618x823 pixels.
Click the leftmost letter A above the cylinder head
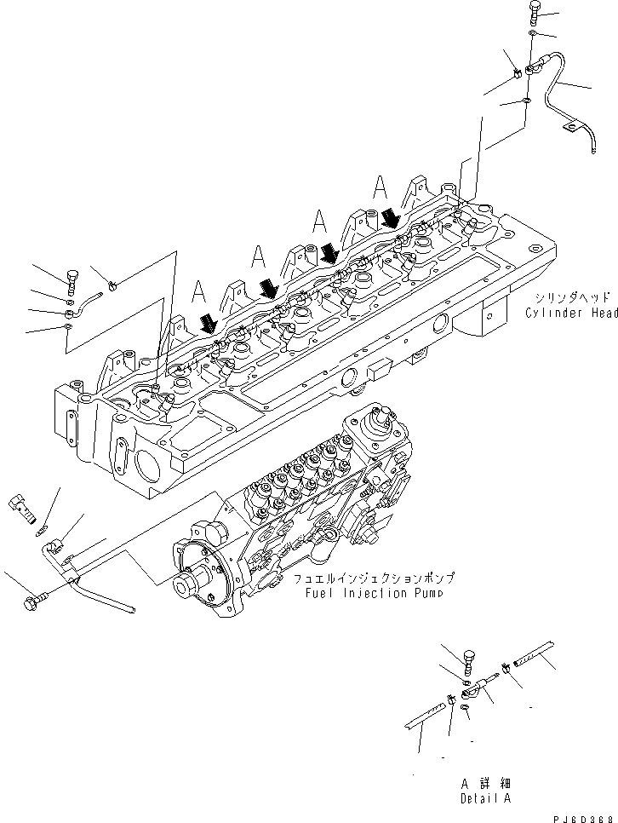click(199, 291)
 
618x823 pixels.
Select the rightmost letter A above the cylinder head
click(381, 186)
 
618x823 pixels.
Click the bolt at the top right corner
click(534, 11)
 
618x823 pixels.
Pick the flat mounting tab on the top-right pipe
click(571, 127)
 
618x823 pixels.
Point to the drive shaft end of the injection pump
click(185, 586)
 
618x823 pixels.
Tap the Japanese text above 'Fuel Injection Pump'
click(374, 578)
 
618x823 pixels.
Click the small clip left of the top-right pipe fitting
click(517, 77)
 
